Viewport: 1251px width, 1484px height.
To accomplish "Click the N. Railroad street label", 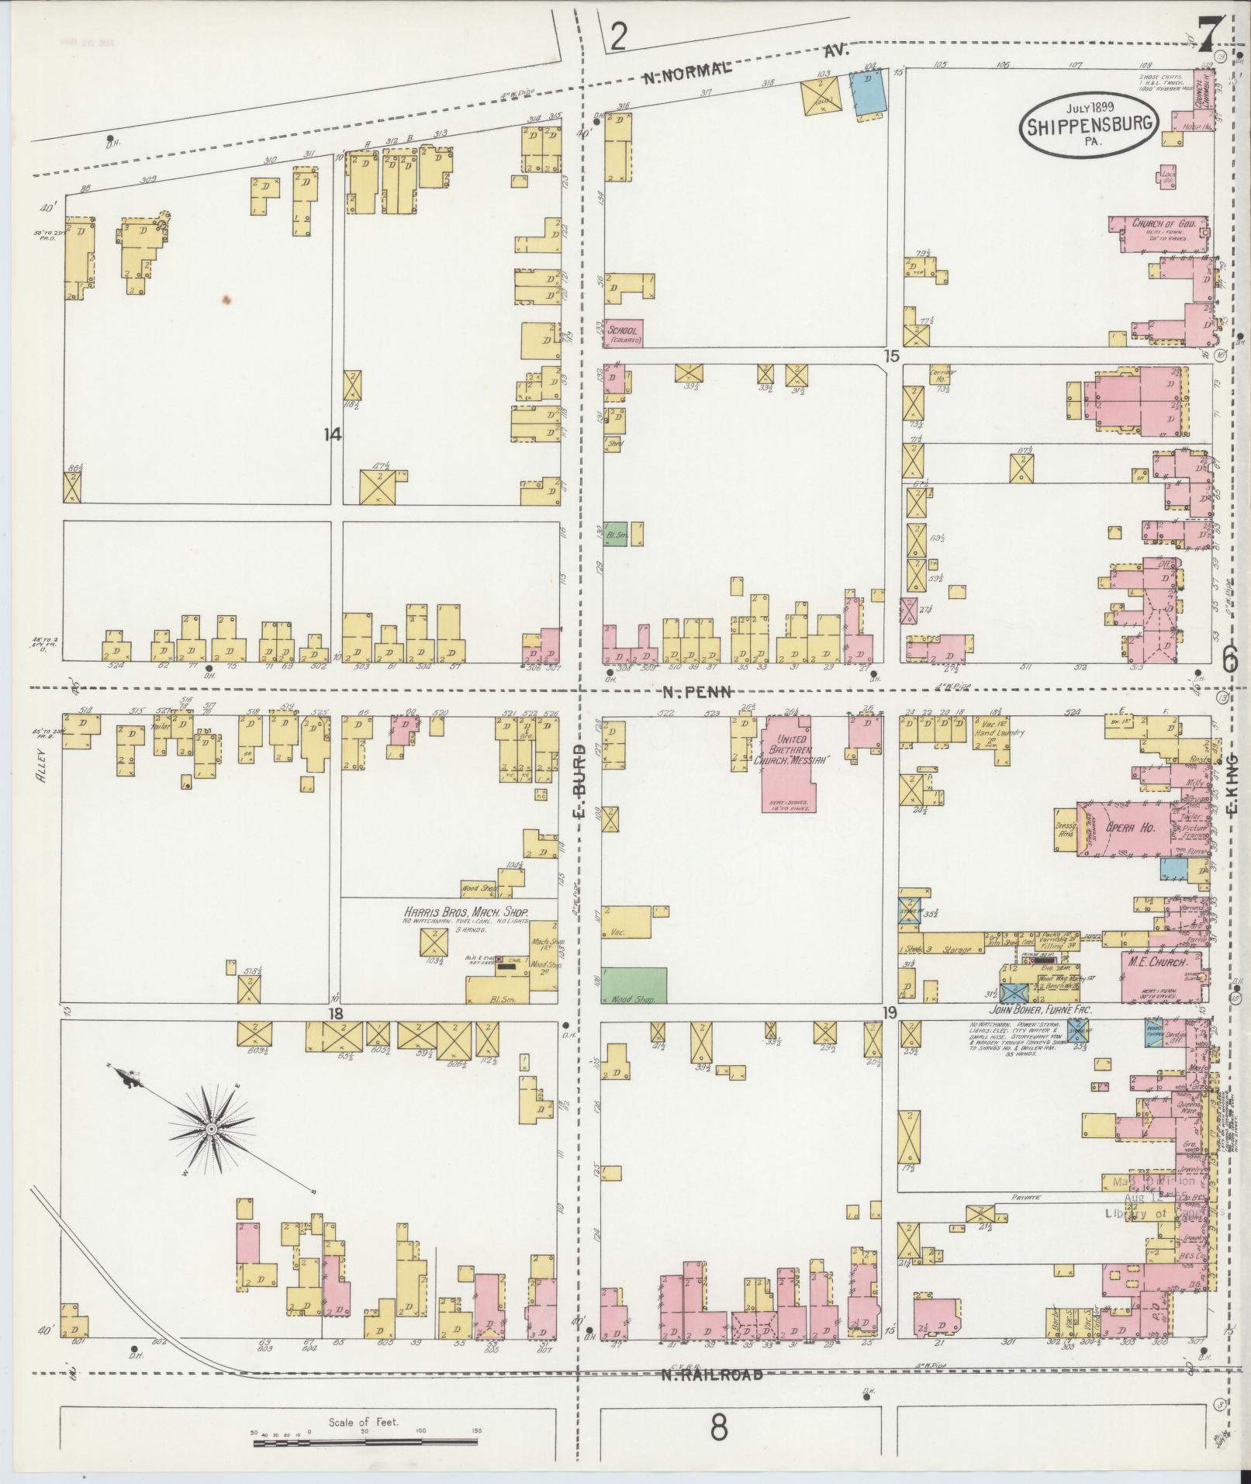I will point(711,1375).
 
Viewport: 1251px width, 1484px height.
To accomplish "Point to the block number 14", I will point(333,435).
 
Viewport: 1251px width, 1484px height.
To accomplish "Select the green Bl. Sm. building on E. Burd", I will point(616,534).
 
